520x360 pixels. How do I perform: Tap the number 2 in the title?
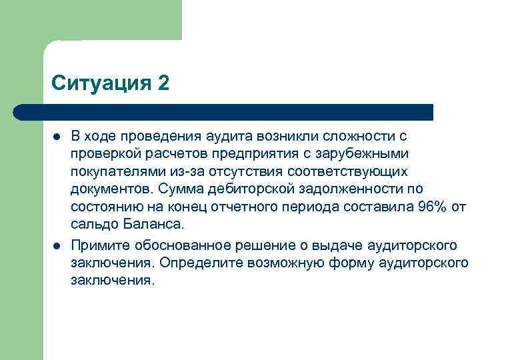[164, 84]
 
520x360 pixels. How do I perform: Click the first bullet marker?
[57, 137]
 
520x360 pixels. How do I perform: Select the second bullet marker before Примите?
[57, 245]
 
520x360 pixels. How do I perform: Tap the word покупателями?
[111, 171]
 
